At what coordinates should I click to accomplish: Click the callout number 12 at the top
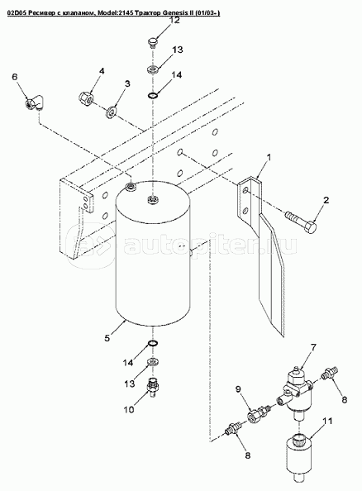click(x=174, y=21)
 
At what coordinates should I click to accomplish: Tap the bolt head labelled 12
click(x=153, y=43)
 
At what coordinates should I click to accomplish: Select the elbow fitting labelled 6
click(x=35, y=102)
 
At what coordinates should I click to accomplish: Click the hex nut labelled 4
click(x=86, y=97)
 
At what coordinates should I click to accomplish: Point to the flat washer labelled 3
click(x=112, y=112)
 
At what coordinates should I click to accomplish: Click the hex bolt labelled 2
click(x=301, y=223)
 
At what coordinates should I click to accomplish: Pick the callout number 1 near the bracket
click(x=268, y=157)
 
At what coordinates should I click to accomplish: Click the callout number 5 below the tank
click(x=107, y=338)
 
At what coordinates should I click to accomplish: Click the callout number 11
click(x=327, y=422)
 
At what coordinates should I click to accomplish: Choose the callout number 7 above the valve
click(x=313, y=347)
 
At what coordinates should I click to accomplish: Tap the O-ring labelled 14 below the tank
click(x=153, y=344)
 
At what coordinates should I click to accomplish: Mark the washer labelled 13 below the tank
click(x=153, y=363)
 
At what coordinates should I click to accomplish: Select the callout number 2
click(x=326, y=200)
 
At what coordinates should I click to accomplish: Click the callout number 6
click(x=15, y=77)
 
